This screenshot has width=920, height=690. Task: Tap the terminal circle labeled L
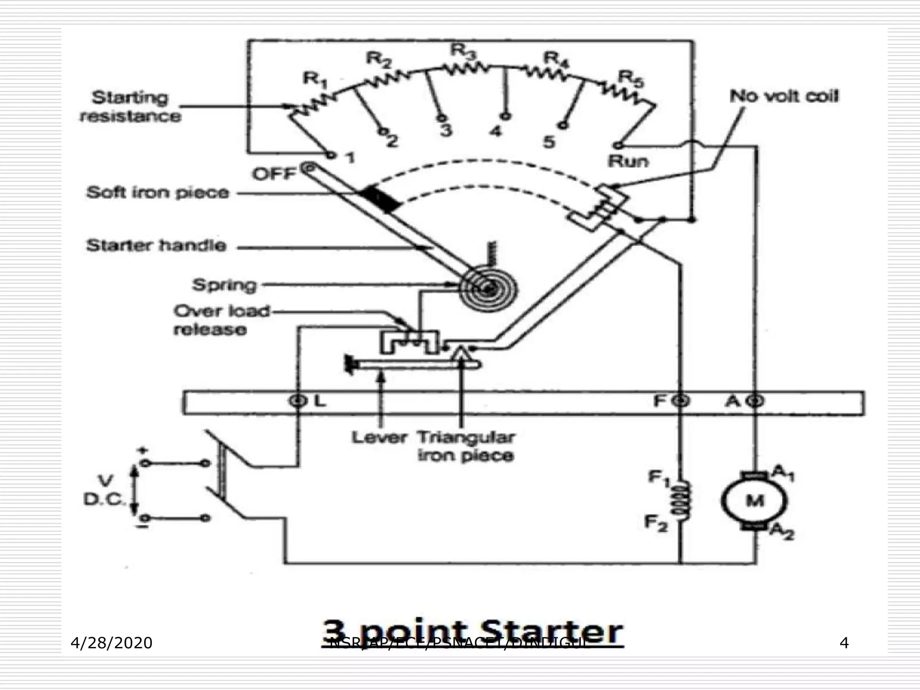(297, 400)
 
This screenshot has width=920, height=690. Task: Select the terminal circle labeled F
(681, 400)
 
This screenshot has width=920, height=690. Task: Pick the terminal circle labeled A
(756, 400)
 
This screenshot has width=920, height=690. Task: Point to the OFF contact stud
(309, 168)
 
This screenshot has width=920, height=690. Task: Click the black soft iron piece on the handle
(380, 199)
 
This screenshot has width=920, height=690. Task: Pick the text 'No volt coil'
(783, 96)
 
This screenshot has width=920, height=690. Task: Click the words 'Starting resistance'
(130, 107)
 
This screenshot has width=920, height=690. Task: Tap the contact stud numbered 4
(507, 116)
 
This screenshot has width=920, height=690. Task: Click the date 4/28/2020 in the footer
(111, 643)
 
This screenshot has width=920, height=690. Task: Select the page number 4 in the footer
(844, 643)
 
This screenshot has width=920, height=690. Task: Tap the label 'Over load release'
(221, 320)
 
